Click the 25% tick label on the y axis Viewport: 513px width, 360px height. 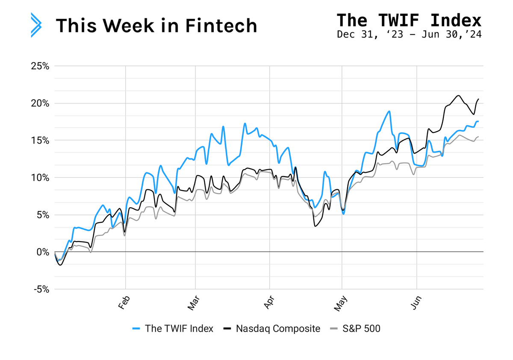(x=40, y=66)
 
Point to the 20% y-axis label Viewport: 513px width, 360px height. (x=40, y=103)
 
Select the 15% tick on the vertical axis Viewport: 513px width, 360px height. (x=40, y=141)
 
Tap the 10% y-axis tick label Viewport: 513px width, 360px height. (x=40, y=178)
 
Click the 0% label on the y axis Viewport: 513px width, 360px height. (x=43, y=252)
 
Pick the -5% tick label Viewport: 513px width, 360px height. (x=40, y=289)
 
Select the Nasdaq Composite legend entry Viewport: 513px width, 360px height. (x=271, y=328)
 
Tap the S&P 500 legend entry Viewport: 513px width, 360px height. (x=355, y=328)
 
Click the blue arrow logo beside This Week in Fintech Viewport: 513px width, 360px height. (x=36, y=25)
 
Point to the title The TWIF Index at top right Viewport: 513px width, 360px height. (x=409, y=20)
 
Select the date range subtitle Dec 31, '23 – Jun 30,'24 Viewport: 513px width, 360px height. (x=409, y=34)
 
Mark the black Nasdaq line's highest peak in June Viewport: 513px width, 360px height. (x=458, y=95)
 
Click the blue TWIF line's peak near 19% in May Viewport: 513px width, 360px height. (x=389, y=111)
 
